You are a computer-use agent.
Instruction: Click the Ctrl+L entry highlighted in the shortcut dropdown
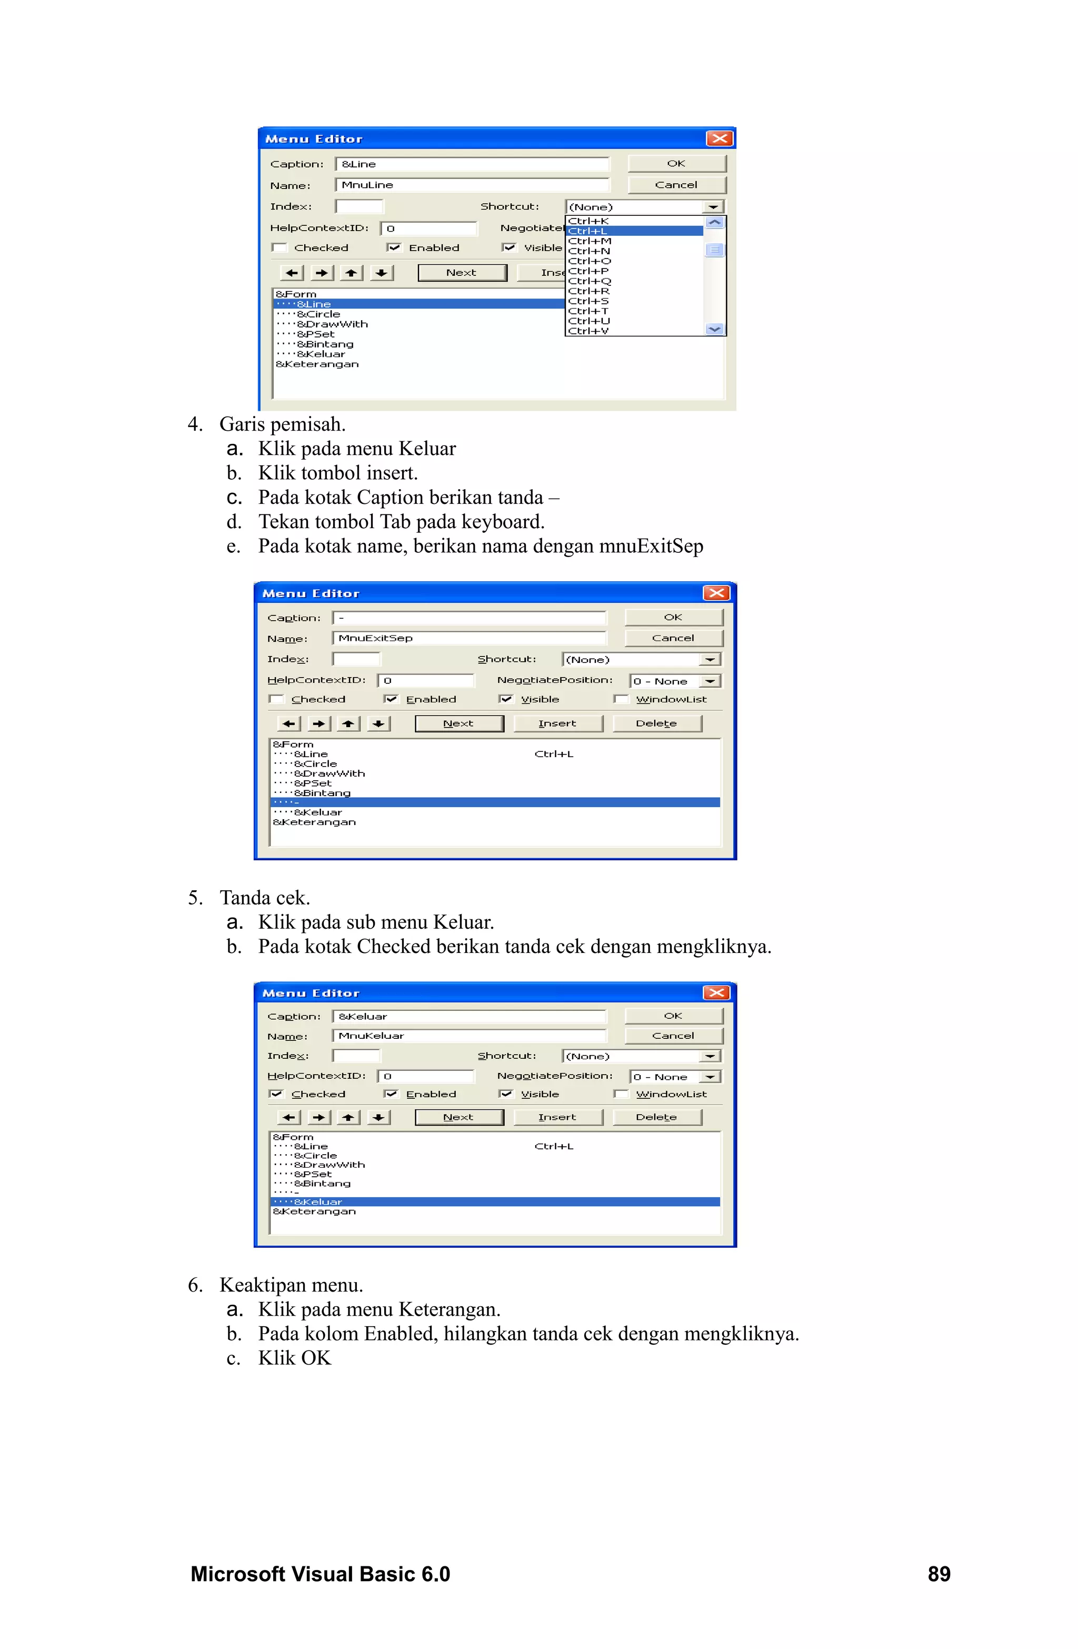pos(634,231)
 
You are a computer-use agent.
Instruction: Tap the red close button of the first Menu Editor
pos(719,138)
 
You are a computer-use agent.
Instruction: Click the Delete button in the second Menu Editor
pos(656,723)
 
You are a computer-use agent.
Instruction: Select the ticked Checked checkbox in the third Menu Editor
pos(276,1094)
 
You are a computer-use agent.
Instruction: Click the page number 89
pos(939,1574)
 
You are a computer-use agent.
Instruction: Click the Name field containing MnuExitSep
pos(469,638)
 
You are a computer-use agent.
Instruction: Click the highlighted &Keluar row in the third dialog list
pos(495,1201)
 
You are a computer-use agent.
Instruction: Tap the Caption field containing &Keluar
pos(469,1017)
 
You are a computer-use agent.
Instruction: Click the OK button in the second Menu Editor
pos(673,618)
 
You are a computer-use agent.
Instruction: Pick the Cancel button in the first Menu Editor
pos(676,185)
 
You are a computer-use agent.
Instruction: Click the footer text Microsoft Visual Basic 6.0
pos(320,1574)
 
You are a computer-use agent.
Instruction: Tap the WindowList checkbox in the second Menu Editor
pos(621,699)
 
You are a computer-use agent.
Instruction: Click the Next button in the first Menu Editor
pos(462,273)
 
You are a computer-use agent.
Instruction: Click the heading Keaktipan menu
pos(291,1285)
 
